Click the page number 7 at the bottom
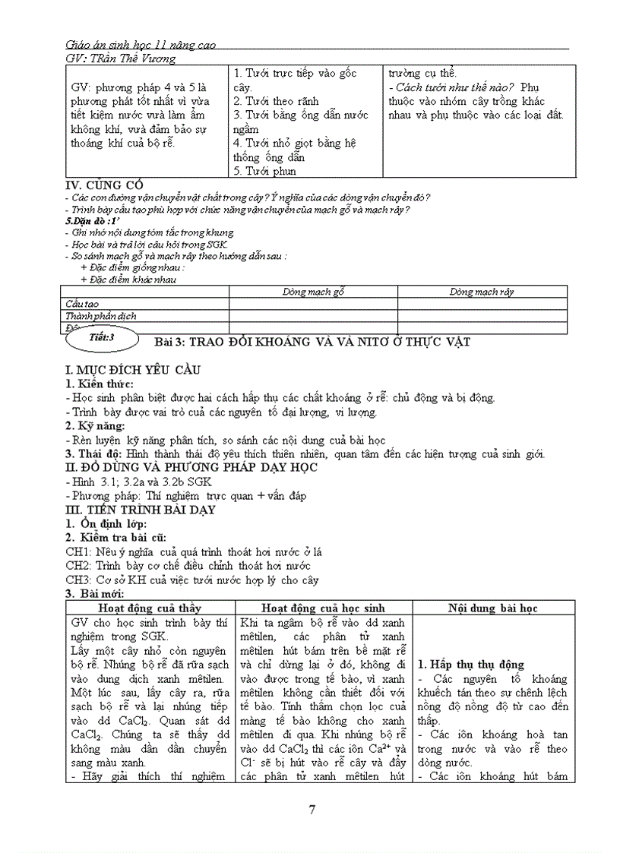click(x=312, y=809)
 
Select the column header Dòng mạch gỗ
click(x=313, y=292)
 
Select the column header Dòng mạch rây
click(x=482, y=292)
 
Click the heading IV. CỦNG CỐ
click(x=103, y=185)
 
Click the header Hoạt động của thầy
click(x=150, y=608)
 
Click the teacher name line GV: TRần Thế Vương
click(x=121, y=58)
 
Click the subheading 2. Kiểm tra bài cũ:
click(x=113, y=537)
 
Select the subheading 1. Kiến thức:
click(x=104, y=384)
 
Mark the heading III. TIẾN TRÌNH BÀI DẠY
click(x=141, y=510)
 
